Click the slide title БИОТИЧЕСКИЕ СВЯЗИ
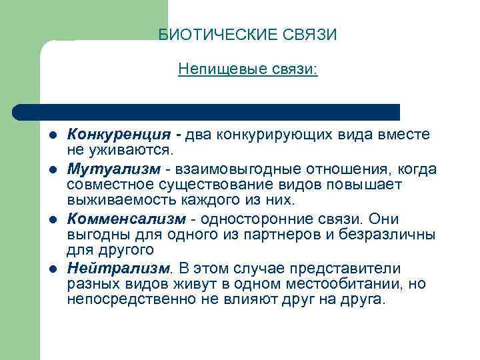(248, 35)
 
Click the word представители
(343, 268)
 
